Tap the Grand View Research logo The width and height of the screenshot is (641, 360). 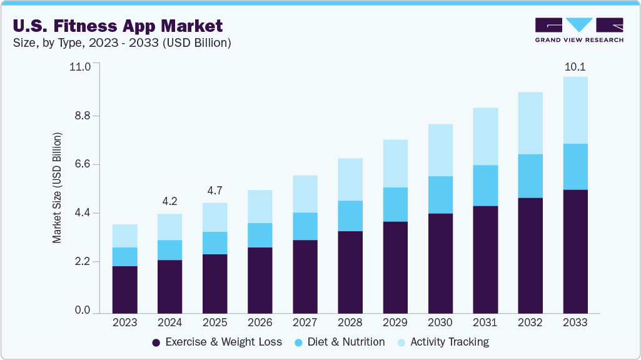[x=579, y=30]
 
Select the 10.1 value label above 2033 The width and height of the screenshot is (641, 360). [x=575, y=66]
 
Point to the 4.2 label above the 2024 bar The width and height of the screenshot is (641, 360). [x=169, y=201]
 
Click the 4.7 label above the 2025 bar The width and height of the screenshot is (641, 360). [x=215, y=191]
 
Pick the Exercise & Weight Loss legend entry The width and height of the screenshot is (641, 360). [x=217, y=342]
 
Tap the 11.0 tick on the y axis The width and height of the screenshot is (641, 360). [x=82, y=66]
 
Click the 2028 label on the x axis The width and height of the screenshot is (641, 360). [x=350, y=323]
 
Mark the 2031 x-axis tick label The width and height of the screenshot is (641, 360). [x=485, y=323]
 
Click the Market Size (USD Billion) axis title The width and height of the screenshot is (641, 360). [x=57, y=187]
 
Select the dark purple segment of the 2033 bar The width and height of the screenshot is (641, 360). [x=575, y=251]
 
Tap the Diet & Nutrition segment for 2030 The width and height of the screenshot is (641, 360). [x=440, y=195]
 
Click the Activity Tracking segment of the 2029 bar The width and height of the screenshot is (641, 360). [x=395, y=164]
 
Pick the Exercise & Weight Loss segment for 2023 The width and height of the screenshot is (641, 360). [x=124, y=289]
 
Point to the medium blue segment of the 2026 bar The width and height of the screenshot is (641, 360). [x=260, y=235]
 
